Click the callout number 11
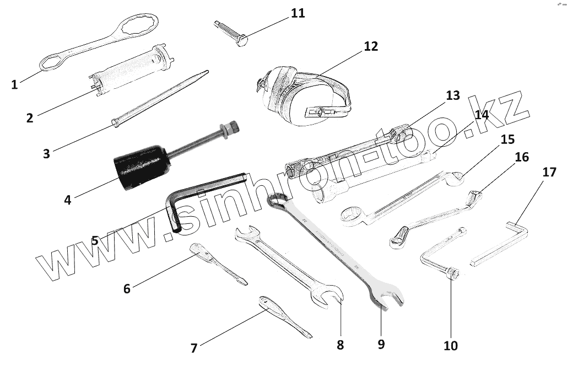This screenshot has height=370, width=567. click(x=298, y=13)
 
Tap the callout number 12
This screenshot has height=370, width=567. click(x=371, y=46)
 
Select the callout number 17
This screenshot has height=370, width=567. click(x=549, y=171)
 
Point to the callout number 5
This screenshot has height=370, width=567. click(x=95, y=240)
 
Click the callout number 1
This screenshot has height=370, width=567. click(x=14, y=84)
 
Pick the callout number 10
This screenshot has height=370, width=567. click(x=450, y=346)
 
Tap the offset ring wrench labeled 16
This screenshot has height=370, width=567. click(x=435, y=216)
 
